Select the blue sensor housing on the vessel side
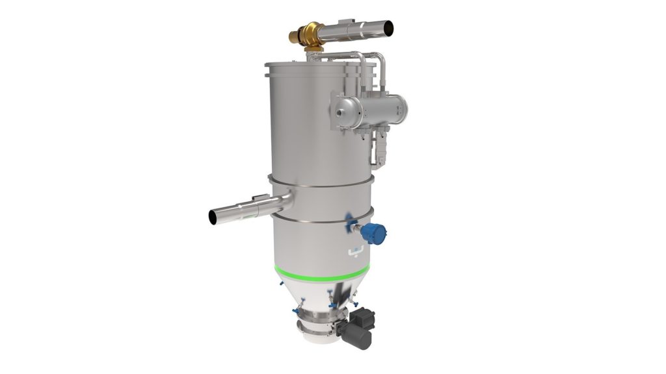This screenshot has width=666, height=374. (373, 232)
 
